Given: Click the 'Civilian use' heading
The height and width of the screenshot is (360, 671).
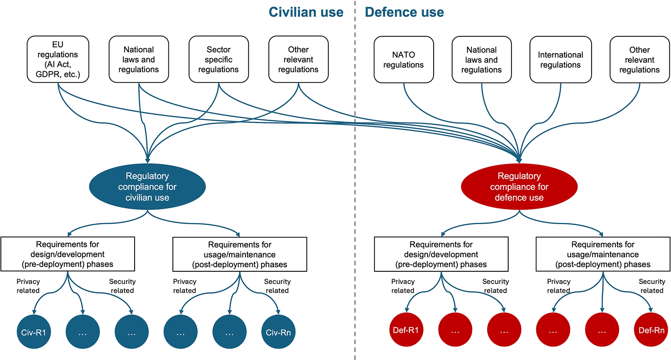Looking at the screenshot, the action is [306, 12].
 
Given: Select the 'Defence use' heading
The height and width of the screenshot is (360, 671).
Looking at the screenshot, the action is [404, 12].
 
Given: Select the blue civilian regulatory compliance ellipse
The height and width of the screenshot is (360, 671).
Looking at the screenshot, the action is [147, 186].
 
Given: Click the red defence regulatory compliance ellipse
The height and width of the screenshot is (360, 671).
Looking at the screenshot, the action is [519, 186].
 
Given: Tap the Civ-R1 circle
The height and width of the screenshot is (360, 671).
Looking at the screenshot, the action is [33, 332].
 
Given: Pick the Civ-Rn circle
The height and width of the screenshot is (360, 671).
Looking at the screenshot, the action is [278, 332].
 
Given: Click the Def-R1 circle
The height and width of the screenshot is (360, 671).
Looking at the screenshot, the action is [406, 330].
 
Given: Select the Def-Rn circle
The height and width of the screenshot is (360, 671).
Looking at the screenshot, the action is [651, 330].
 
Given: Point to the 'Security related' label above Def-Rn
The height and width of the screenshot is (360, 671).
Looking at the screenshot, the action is [652, 286].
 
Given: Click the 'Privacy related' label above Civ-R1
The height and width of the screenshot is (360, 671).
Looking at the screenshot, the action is [28, 286].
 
